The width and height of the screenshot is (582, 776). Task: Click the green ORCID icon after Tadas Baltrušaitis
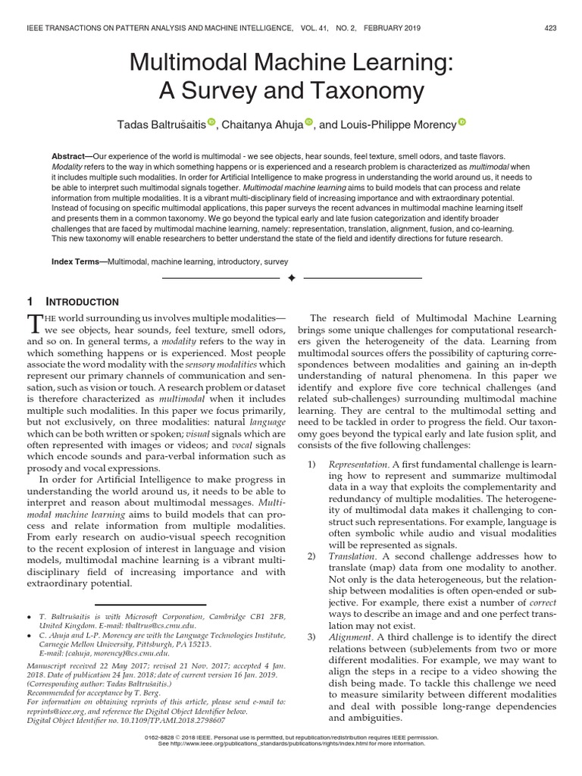coord(211,121)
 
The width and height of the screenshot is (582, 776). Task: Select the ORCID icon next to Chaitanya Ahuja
coord(309,121)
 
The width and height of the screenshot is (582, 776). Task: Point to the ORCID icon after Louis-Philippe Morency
coord(462,121)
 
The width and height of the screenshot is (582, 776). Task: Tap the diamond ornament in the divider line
coord(291,279)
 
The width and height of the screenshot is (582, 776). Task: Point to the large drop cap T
coord(34,325)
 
